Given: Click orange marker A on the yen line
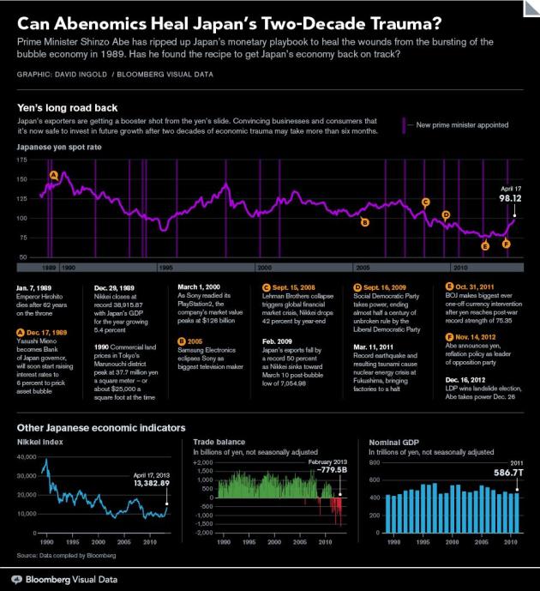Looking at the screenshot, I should [x=54, y=175].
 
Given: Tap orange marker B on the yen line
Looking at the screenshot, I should [x=364, y=222].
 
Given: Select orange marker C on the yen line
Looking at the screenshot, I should [x=425, y=202].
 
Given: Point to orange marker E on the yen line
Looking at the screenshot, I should [x=485, y=246].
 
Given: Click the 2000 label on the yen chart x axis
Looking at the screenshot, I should [x=265, y=268].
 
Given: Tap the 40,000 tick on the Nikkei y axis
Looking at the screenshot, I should [x=27, y=459].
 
